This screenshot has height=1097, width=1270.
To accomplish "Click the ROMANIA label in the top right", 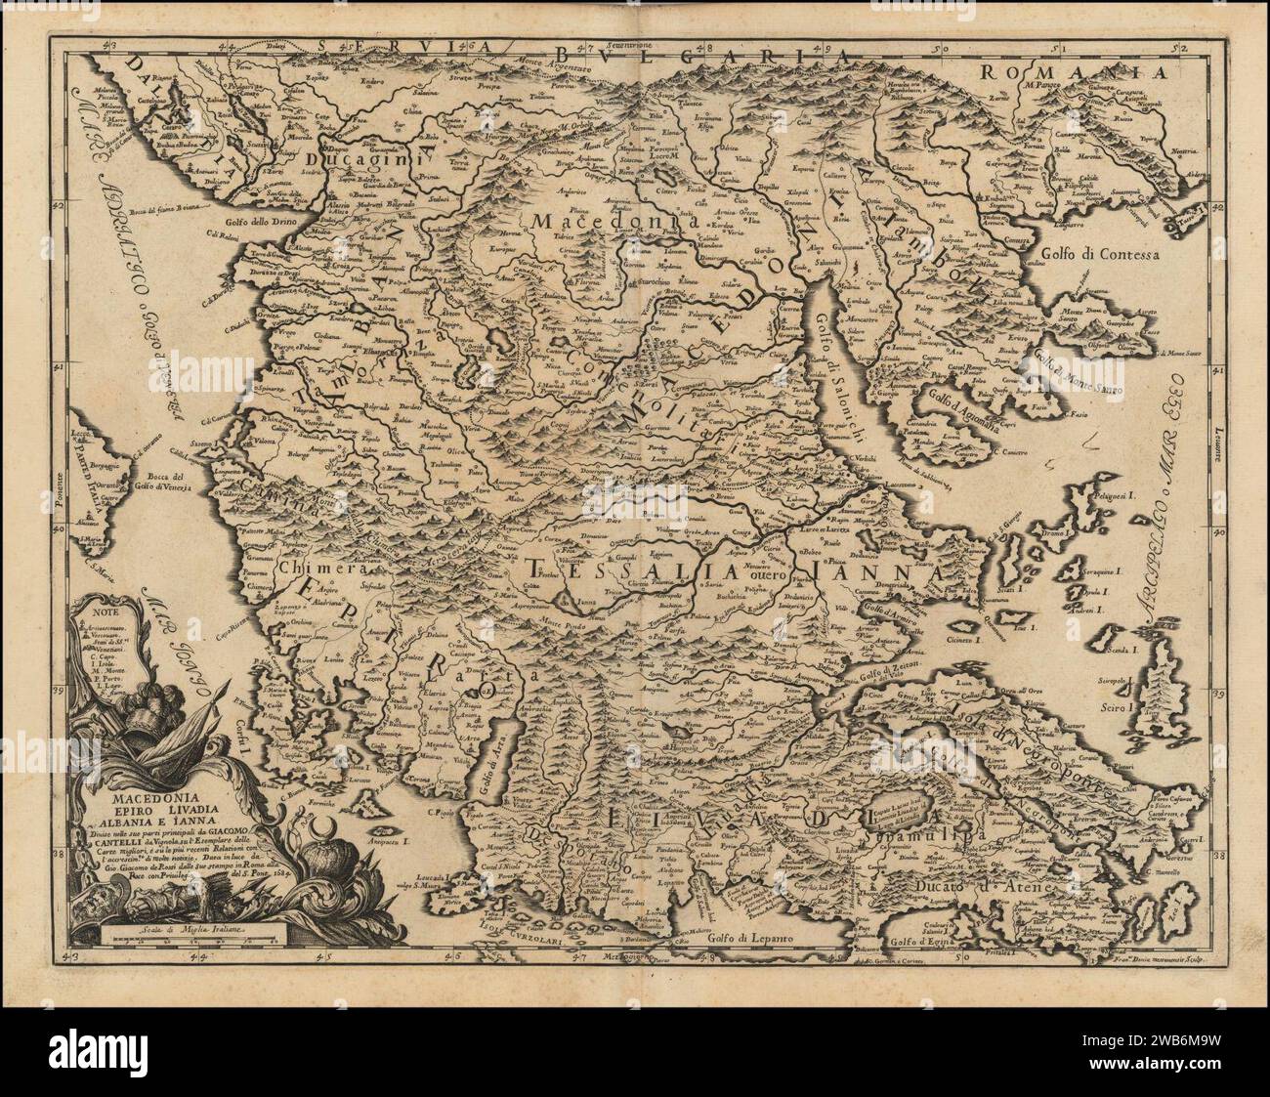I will [x=1075, y=72].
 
